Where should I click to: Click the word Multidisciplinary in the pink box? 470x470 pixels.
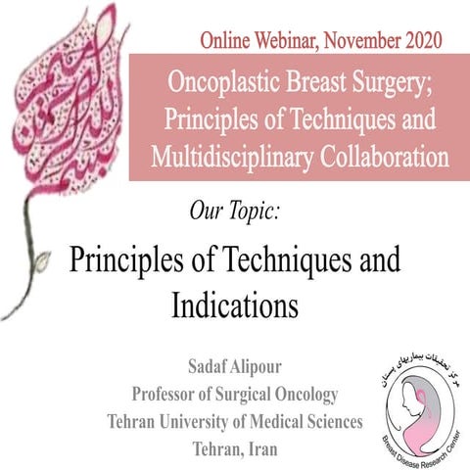pos(232,156)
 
